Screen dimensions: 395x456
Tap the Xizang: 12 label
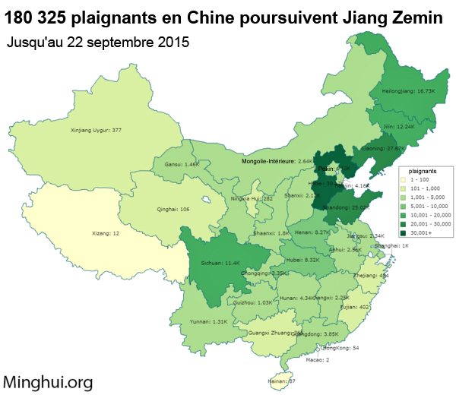(x=106, y=233)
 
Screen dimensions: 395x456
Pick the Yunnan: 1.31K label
(x=208, y=321)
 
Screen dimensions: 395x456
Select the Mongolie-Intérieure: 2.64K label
(x=277, y=161)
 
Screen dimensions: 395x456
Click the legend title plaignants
(x=421, y=171)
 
